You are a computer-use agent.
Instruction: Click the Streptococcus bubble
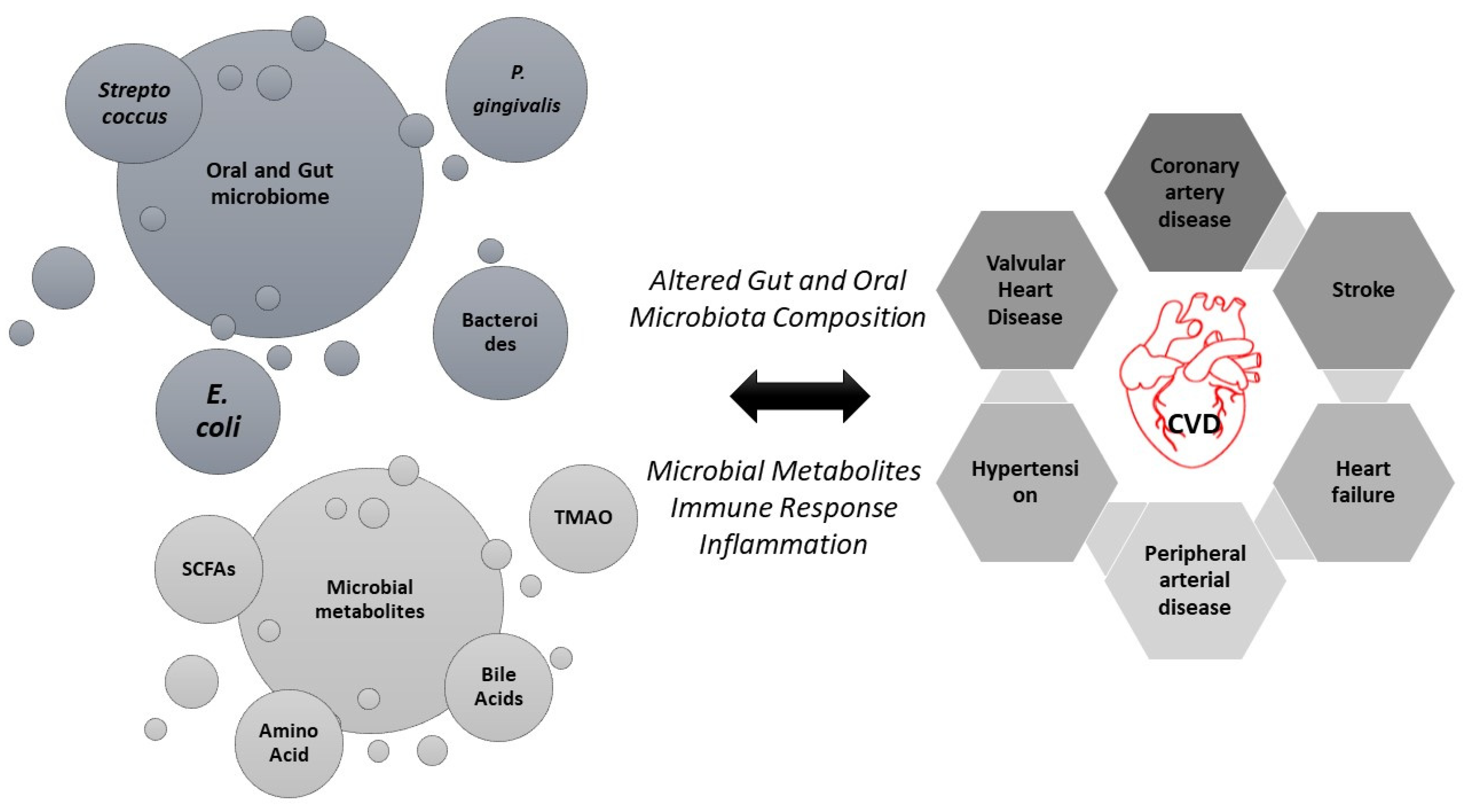[134, 103]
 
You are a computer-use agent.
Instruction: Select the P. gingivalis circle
[516, 90]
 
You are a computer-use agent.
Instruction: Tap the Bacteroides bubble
[500, 332]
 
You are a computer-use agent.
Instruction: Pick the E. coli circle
[218, 411]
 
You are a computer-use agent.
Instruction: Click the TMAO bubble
[583, 518]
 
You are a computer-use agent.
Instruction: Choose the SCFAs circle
[208, 569]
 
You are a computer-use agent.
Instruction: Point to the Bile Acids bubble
[498, 687]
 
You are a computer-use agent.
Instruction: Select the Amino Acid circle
[289, 743]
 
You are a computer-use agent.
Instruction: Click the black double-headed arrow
[799, 396]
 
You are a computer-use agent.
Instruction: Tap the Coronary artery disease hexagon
[1194, 192]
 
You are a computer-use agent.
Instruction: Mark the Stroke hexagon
[1363, 290]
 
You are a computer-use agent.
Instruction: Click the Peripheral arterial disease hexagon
[1194, 580]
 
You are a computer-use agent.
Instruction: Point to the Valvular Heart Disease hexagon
[1026, 290]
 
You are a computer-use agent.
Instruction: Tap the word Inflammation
[783, 545]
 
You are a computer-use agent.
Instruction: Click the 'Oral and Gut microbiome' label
[270, 183]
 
